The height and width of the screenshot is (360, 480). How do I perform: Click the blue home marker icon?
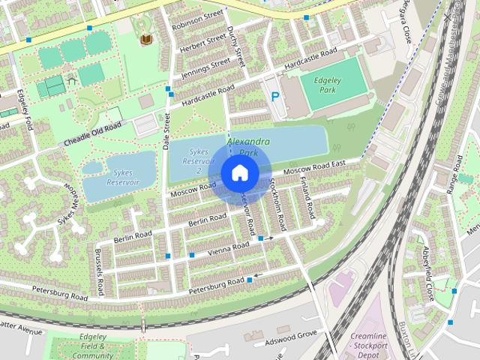[238, 172]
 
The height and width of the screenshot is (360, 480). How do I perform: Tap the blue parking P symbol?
[275, 97]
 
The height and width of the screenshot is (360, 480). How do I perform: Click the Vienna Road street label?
[228, 247]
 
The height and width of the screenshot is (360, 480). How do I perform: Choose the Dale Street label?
[166, 132]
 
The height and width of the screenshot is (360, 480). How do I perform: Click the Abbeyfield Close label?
[427, 273]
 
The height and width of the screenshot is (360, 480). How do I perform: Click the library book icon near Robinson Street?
[145, 38]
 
